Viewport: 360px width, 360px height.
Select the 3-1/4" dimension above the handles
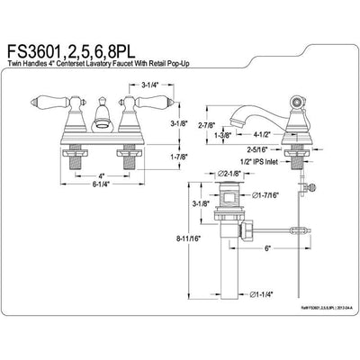(x=151, y=84)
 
